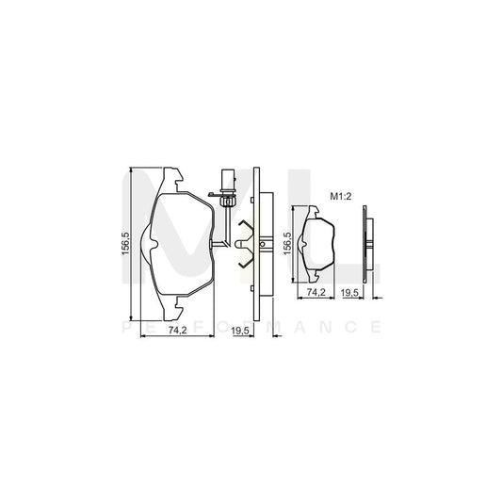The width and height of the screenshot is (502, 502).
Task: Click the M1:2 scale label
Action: tap(340, 197)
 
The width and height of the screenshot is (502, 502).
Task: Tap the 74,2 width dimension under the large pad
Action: tap(174, 332)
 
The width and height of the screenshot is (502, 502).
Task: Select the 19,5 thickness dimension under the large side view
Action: tap(240, 332)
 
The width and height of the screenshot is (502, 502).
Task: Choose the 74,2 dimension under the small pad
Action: tap(317, 294)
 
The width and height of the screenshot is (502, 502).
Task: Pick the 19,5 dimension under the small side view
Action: tap(349, 294)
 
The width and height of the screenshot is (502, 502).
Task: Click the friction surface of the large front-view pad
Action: tap(179, 245)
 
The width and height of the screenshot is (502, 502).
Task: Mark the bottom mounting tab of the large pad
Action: tap(170, 310)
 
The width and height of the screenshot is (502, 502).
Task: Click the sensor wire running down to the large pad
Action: tap(227, 221)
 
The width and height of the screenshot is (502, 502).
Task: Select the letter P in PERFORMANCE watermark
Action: tap(127, 327)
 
